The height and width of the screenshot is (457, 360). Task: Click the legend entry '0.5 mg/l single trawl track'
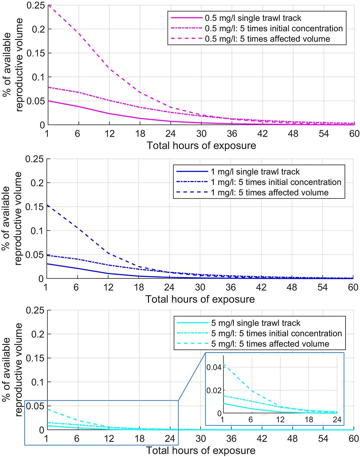tap(253, 18)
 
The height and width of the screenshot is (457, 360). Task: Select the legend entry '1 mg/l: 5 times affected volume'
tap(269, 193)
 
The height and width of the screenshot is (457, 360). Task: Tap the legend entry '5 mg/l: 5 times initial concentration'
tap(276, 333)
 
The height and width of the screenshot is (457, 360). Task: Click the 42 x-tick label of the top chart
tap(262, 133)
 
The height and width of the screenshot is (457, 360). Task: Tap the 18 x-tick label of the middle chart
tap(139, 287)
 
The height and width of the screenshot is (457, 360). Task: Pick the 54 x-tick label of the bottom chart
tap(323, 439)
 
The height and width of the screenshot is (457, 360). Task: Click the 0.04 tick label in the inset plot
tap(214, 367)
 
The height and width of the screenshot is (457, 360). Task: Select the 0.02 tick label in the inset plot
tap(214, 390)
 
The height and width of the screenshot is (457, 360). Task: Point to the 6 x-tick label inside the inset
tap(251, 420)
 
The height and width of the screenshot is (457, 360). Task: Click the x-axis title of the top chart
tap(201, 146)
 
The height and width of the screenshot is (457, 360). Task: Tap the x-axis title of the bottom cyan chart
tap(201, 451)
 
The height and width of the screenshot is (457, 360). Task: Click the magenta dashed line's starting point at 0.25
tap(49, 5)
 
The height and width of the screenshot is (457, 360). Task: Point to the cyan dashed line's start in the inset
tap(224, 364)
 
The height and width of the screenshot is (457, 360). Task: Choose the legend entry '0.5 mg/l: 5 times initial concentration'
tap(274, 28)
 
